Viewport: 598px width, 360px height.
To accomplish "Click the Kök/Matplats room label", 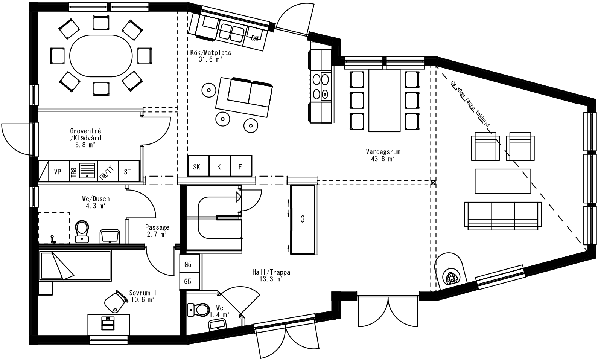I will coord(210,56).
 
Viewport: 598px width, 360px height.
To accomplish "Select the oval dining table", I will coord(101,56).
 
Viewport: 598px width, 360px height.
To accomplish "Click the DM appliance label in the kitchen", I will coord(255,38).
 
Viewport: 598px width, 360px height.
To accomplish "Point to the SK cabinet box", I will coord(197,167).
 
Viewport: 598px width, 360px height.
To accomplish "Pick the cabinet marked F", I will coord(240,167).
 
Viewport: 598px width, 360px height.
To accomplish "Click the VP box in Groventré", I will coord(57,172).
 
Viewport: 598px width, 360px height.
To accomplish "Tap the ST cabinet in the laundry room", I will coord(128,172).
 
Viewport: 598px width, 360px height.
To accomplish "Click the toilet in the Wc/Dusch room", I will coord(82,231).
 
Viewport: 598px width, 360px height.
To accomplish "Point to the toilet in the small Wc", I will coord(199,310).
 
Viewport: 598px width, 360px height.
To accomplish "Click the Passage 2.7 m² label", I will coord(157,230).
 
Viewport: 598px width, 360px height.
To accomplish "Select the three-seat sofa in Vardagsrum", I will coord(503,215).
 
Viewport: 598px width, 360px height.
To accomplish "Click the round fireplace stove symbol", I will coord(451,278).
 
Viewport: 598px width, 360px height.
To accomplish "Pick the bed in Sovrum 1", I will coord(75,266).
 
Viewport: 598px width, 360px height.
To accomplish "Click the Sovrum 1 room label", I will coord(142,296).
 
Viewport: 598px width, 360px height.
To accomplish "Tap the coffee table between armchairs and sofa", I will coord(503,181).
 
